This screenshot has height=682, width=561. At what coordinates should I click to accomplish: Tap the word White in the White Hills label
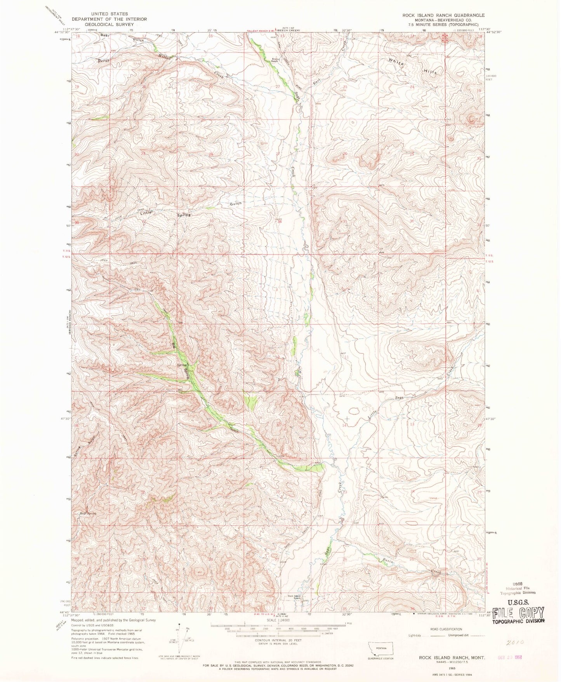398,62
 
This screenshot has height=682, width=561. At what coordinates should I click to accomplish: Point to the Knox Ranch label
275,60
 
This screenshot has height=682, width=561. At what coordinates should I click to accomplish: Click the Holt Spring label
88,514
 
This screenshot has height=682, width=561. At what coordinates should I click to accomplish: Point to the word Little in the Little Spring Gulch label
148,212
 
